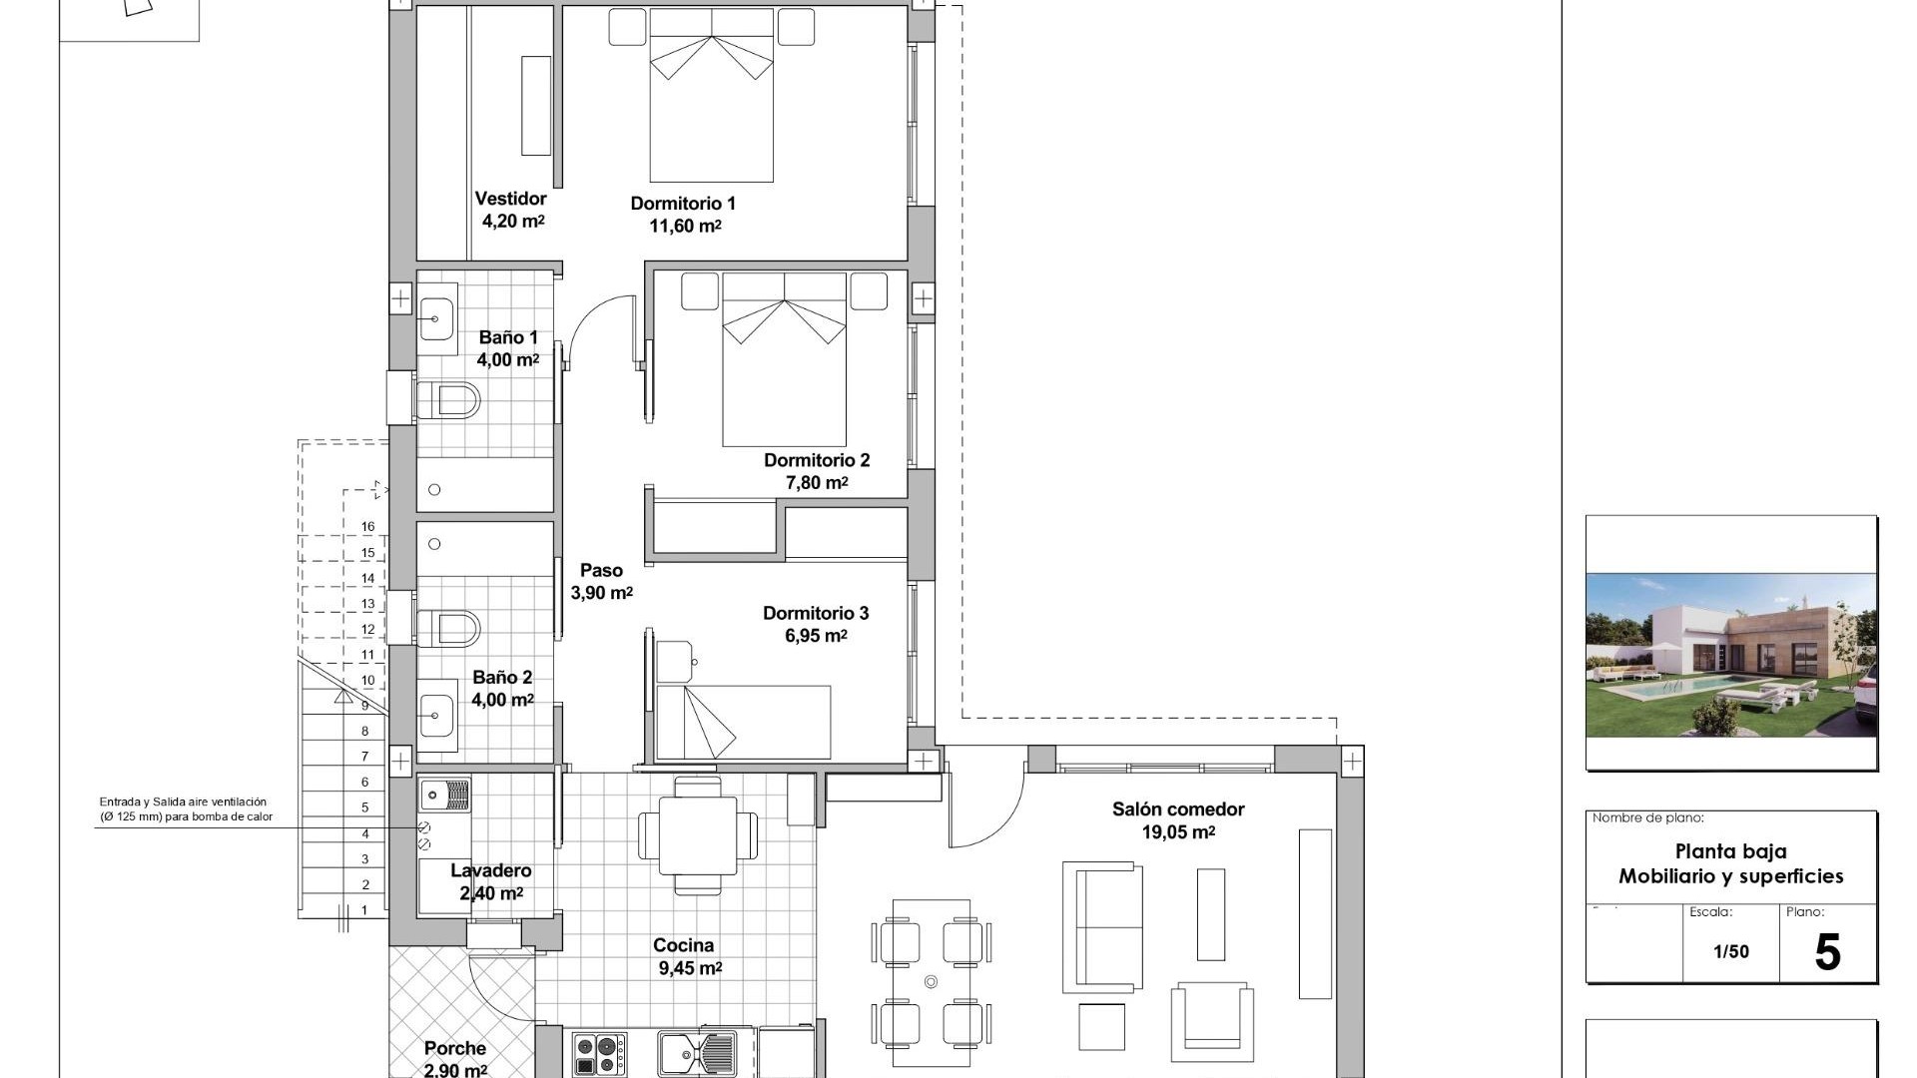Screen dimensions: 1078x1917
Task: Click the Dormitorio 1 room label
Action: click(683, 204)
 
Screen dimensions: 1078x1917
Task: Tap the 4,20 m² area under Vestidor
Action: click(513, 222)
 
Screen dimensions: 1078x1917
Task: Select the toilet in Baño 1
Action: click(447, 401)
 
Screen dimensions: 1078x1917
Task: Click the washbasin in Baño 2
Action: click(435, 716)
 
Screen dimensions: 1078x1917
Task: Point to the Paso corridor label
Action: click(601, 571)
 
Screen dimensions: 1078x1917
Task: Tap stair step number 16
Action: click(367, 527)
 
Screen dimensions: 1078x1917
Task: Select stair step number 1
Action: click(364, 909)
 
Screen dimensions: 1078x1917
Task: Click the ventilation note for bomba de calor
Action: click(185, 809)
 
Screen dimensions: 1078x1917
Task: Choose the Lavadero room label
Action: click(490, 871)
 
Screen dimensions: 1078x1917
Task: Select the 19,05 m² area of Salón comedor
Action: click(1178, 832)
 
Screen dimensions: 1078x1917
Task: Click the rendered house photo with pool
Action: click(1731, 656)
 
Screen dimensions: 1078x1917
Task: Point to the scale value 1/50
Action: click(1731, 952)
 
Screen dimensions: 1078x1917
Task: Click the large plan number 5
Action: click(1826, 953)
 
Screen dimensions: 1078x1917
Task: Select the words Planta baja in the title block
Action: click(1730, 851)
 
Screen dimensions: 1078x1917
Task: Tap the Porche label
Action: click(455, 1048)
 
